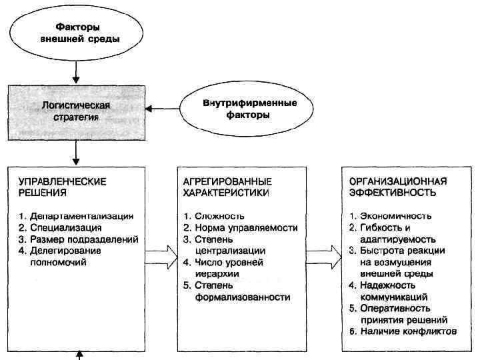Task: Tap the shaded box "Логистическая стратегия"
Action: tap(77, 111)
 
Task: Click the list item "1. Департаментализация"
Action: tap(76, 216)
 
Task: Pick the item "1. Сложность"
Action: tap(213, 216)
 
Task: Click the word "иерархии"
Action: tap(213, 274)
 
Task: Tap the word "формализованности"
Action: tap(243, 297)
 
